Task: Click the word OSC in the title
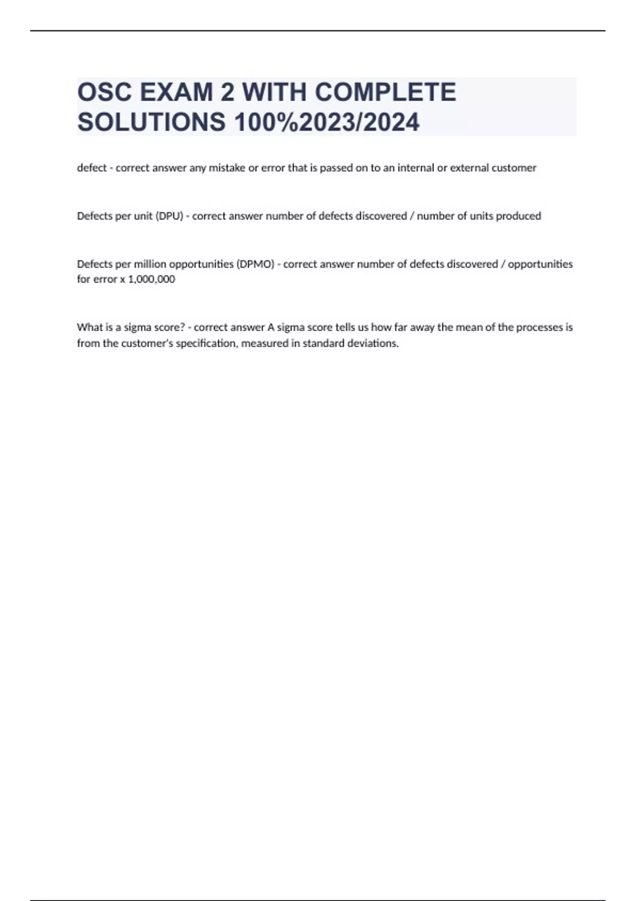coord(104,92)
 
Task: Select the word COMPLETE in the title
coord(385,92)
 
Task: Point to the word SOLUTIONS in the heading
coord(152,122)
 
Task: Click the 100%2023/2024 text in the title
coord(327,122)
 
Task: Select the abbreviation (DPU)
coord(169,216)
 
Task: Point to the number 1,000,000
coord(152,279)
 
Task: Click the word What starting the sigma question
coord(88,328)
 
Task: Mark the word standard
coord(323,343)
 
